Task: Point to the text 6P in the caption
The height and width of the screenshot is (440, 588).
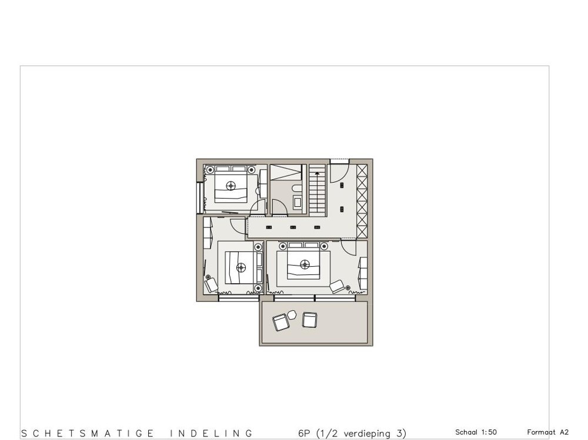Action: pyautogui.click(x=304, y=434)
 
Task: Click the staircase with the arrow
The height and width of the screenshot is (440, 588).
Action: pyautogui.click(x=318, y=190)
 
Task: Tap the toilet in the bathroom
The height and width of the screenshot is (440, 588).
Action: pyautogui.click(x=296, y=189)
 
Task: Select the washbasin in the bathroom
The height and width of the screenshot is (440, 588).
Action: pyautogui.click(x=297, y=202)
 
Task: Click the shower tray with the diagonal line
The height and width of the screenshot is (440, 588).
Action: pyautogui.click(x=285, y=173)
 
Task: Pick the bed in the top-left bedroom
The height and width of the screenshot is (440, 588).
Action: pyautogui.click(x=230, y=184)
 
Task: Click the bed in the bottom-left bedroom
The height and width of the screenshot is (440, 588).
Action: pyautogui.click(x=238, y=267)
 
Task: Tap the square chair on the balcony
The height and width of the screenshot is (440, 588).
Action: pyautogui.click(x=309, y=320)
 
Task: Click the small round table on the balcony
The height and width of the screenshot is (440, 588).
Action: pyautogui.click(x=292, y=316)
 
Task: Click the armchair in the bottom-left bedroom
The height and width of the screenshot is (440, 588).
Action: pyautogui.click(x=211, y=286)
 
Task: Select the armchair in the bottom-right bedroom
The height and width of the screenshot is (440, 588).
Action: pyautogui.click(x=338, y=286)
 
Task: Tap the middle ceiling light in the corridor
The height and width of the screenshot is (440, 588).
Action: pyautogui.click(x=292, y=227)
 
